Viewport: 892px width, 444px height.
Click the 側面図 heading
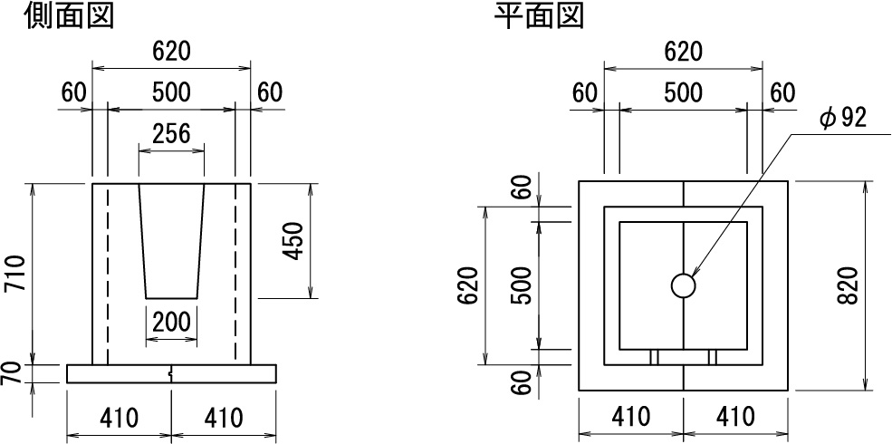[69, 16]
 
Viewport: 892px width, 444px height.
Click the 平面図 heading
[539, 16]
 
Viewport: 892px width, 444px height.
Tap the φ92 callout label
[844, 118]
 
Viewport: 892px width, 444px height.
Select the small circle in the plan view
[683, 285]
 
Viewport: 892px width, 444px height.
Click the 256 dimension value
[172, 134]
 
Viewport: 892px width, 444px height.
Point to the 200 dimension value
[172, 323]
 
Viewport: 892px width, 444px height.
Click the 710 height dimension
[16, 274]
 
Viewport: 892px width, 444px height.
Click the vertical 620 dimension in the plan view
[469, 285]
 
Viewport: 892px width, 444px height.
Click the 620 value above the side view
[171, 52]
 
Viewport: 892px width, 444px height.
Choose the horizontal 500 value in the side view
[171, 92]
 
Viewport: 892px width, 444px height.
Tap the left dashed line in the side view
[106, 274]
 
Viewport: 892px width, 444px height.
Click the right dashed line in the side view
[235, 274]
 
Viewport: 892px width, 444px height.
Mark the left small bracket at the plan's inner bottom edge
[654, 357]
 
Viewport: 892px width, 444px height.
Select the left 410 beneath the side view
[119, 419]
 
